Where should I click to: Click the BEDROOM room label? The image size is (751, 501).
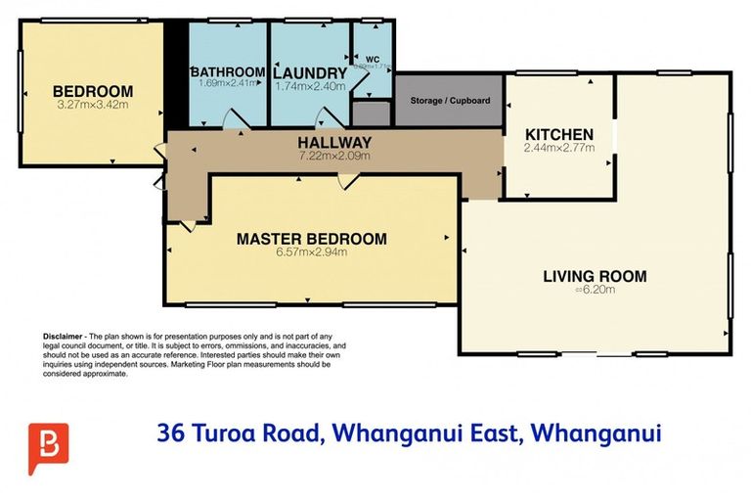93,92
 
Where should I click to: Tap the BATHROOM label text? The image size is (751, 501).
228,71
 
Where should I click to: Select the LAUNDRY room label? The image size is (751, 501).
310,72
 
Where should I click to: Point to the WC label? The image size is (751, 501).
374,58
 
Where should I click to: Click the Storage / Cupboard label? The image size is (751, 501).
450,101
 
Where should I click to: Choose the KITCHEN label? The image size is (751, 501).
559,134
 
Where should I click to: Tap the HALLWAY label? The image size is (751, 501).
334,143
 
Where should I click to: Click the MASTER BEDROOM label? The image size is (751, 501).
311,238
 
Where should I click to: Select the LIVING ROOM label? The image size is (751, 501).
595,276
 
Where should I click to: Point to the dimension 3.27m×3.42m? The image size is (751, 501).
93,104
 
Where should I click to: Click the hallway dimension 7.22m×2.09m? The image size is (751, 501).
334,156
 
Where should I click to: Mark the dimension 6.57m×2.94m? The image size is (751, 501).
311,250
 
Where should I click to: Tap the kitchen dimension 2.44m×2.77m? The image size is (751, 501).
559,148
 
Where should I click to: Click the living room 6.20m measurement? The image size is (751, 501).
595,290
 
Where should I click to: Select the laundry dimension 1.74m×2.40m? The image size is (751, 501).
310,85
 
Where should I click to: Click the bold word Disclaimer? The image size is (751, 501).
64,336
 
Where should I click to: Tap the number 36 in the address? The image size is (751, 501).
173,432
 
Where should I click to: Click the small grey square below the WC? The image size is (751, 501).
373,111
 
